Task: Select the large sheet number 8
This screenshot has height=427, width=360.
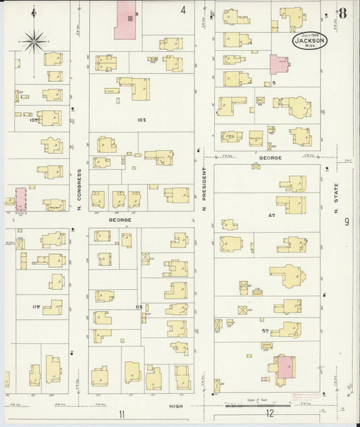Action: tap(344, 12)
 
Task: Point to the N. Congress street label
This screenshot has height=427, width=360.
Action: tap(79, 189)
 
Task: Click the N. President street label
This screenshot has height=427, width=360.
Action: tap(204, 190)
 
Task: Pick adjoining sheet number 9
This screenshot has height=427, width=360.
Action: tap(346, 222)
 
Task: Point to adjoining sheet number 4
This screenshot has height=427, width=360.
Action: tap(182, 10)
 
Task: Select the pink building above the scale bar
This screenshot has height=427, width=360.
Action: tap(285, 368)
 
